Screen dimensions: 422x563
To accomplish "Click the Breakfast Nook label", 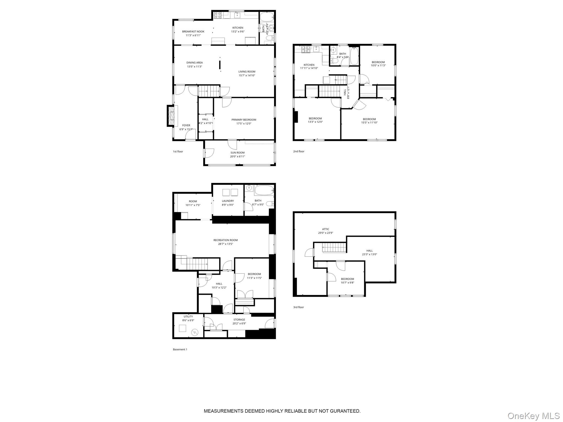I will [x=193, y=32].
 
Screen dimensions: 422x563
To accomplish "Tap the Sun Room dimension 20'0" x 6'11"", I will [x=238, y=157].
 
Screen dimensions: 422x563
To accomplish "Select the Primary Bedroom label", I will [x=244, y=120].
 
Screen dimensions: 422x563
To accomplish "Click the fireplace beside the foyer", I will [x=171, y=116].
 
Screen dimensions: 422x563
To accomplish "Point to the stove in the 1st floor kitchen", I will [x=218, y=15].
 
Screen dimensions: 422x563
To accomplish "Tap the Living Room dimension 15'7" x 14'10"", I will [x=247, y=76].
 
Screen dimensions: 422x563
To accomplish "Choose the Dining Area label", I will [x=194, y=63].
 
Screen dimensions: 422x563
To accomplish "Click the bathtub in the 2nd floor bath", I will [x=354, y=56].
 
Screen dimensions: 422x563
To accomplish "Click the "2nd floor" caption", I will [x=299, y=151].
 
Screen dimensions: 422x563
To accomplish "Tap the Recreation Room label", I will [x=225, y=240].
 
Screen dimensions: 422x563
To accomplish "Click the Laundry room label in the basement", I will [x=228, y=201].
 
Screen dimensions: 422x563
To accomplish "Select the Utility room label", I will [x=188, y=316].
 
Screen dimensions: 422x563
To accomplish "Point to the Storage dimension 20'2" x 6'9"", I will [x=239, y=323].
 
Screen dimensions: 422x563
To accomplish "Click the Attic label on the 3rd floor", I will [x=325, y=229].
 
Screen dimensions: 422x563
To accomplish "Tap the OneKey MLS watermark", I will [x=533, y=416].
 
